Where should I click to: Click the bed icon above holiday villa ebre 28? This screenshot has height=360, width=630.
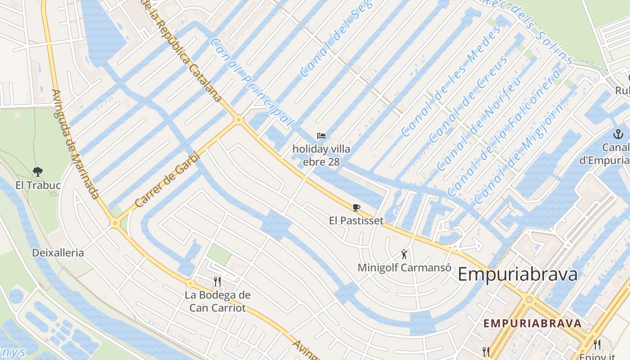pyautogui.click(x=321, y=136)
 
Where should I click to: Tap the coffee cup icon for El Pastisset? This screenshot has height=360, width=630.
pyautogui.click(x=356, y=207)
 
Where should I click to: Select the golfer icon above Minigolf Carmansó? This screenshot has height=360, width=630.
pyautogui.click(x=405, y=254)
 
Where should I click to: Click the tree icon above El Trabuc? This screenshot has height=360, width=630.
pyautogui.click(x=38, y=171)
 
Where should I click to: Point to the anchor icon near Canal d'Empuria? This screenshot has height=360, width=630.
pyautogui.click(x=618, y=134)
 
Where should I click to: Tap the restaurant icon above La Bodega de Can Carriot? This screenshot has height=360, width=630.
pyautogui.click(x=217, y=282)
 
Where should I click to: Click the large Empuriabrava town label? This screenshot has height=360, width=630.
pyautogui.click(x=517, y=274)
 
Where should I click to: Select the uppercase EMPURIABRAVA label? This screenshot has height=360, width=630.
pyautogui.click(x=532, y=323)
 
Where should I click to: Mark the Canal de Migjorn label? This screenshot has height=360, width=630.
pyautogui.click(x=518, y=153)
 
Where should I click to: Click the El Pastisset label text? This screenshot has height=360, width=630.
pyautogui.click(x=356, y=220)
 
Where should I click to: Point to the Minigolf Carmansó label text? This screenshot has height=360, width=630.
pyautogui.click(x=404, y=267)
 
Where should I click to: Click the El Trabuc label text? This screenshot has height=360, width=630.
pyautogui.click(x=38, y=185)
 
